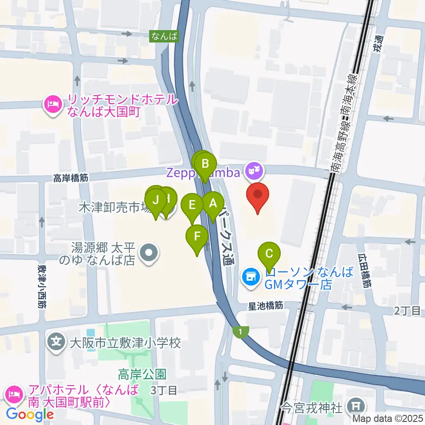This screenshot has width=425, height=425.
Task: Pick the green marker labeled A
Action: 213,205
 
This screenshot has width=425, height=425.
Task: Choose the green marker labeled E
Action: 192,205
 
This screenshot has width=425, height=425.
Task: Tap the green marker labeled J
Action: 155,200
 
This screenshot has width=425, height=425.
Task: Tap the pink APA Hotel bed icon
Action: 14,393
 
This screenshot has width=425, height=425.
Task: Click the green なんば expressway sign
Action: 164,36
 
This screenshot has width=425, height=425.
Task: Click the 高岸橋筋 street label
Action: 71,178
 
